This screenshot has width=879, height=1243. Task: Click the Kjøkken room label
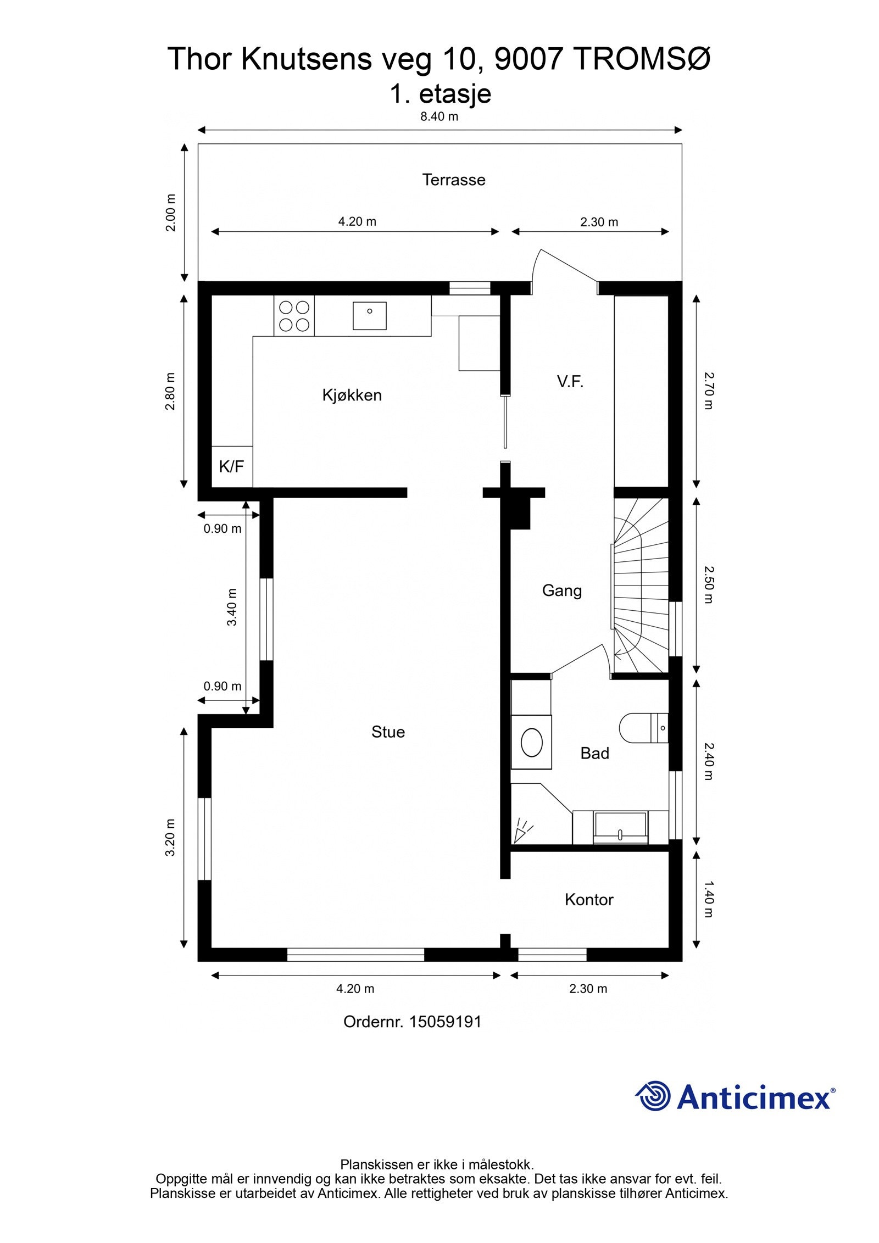352,395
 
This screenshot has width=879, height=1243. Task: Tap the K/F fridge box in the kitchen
231,466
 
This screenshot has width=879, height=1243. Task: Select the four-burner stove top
294,316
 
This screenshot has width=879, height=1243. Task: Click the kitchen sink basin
369,315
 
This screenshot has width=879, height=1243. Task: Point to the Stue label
388,732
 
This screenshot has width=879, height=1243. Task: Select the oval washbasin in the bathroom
531,742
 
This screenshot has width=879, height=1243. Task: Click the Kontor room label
588,899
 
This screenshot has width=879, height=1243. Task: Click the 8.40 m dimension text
439,116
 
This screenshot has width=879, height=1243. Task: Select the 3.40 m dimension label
232,606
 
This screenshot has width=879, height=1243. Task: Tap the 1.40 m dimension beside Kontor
708,899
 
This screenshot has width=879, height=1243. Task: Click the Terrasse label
454,180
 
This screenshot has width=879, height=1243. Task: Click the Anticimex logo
735,1096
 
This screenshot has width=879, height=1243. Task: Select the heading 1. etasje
440,93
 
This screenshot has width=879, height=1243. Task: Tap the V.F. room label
570,381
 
